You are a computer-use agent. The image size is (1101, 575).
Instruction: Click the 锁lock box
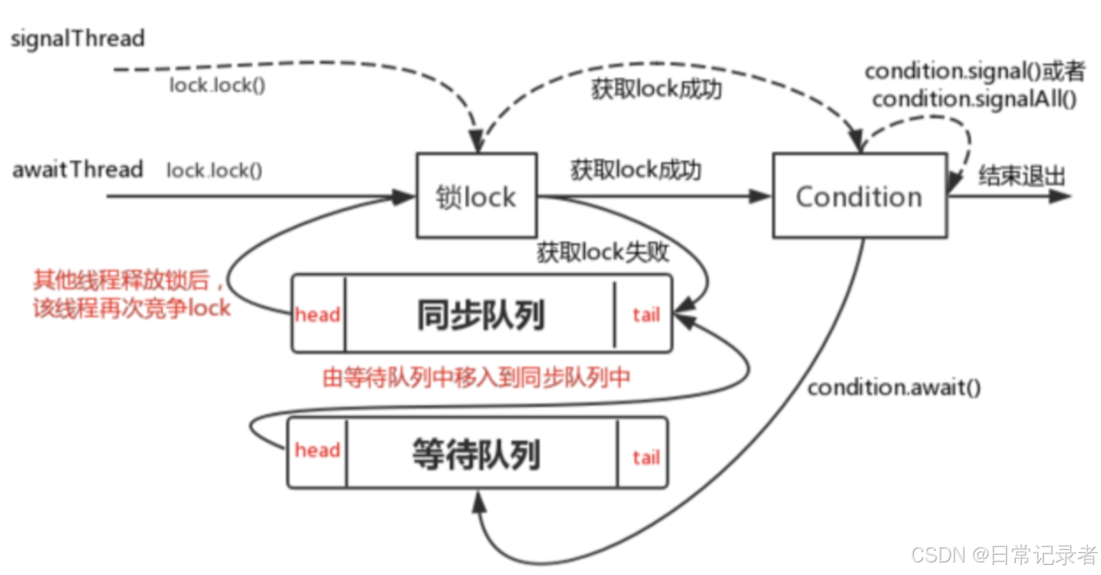[476, 196]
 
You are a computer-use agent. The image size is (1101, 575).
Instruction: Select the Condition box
[858, 196]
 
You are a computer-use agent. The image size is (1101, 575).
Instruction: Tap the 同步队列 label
[480, 315]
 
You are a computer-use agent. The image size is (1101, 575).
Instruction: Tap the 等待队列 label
[477, 455]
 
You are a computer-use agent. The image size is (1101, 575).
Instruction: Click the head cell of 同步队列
[318, 314]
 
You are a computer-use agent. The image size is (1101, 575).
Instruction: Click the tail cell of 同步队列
[645, 314]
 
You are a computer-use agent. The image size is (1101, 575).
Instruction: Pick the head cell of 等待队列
[317, 451]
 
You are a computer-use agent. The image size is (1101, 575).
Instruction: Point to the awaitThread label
[77, 170]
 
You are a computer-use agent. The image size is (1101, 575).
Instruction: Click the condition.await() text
[894, 387]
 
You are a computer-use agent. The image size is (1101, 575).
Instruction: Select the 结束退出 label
[1021, 176]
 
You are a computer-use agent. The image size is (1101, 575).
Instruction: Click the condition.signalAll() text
[974, 99]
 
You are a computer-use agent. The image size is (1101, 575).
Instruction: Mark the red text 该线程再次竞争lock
[131, 307]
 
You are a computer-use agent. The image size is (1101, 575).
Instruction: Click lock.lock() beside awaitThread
[214, 171]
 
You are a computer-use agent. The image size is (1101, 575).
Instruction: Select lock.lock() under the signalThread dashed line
[217, 85]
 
